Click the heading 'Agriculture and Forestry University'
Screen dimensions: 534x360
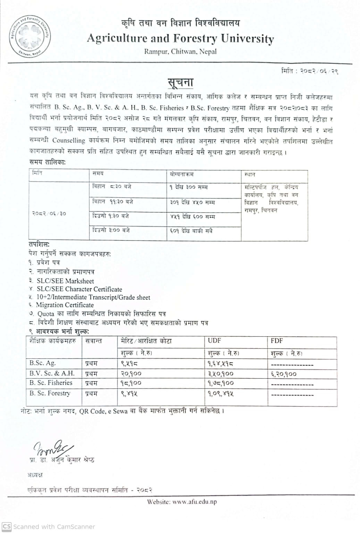coord(180,38)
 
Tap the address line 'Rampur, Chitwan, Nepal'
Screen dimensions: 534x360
coord(180,52)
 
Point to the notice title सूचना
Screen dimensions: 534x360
coord(180,83)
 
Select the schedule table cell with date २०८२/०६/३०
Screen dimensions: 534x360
coord(49,213)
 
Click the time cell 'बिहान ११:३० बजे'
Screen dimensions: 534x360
coord(112,202)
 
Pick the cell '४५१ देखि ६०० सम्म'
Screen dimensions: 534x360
coord(192,217)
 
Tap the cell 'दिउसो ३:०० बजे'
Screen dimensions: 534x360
coord(111,230)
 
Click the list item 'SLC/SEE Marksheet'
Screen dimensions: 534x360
coord(65,281)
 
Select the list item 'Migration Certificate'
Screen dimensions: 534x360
coord(65,305)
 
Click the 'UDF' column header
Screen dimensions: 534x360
coord(214,341)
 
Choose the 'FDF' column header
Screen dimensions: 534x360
coord(277,341)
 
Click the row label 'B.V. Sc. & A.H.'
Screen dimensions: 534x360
coord(52,373)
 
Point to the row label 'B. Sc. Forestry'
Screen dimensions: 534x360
coord(50,393)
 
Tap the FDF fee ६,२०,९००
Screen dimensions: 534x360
coord(284,374)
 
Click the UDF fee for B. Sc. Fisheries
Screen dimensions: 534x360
coord(221,383)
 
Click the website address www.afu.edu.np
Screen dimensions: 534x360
coord(194,502)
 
